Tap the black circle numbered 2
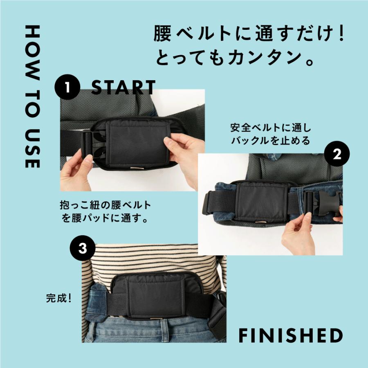337,154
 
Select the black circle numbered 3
83,249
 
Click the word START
123,88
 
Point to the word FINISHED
290,335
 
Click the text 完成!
59,297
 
